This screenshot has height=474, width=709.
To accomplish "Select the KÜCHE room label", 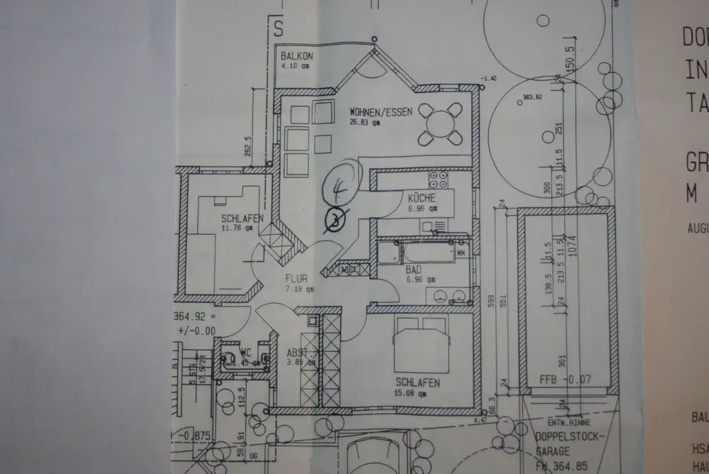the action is click(x=421, y=198).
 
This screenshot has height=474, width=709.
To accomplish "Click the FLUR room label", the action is click(x=296, y=279).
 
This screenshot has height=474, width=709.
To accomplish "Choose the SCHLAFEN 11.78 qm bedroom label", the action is click(x=237, y=219).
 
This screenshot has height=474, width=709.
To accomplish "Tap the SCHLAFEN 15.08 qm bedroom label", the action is click(x=418, y=383).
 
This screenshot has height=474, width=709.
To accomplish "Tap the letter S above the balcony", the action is click(x=278, y=29).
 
